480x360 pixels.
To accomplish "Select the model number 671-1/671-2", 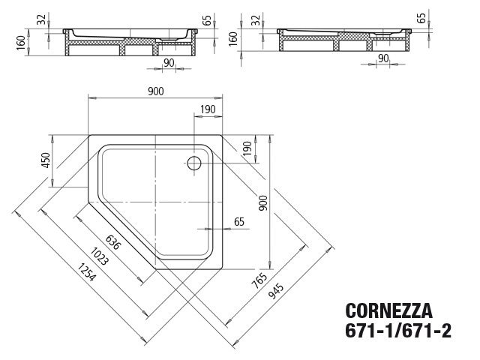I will coord(398,330).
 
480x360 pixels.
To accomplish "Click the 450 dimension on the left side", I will coord(46,160).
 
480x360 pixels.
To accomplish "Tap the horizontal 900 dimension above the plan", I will coord(155,91).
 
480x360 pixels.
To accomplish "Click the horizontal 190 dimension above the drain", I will coord(208,110).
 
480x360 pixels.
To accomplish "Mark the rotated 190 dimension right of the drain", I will coord(247,147).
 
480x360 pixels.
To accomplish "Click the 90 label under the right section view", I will coord(383,58).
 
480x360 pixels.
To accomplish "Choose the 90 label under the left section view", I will coord(170,61).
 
